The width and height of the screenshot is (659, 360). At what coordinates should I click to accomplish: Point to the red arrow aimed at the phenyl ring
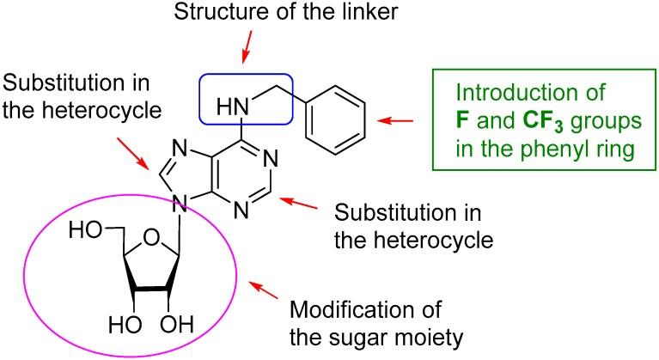[398, 121]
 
